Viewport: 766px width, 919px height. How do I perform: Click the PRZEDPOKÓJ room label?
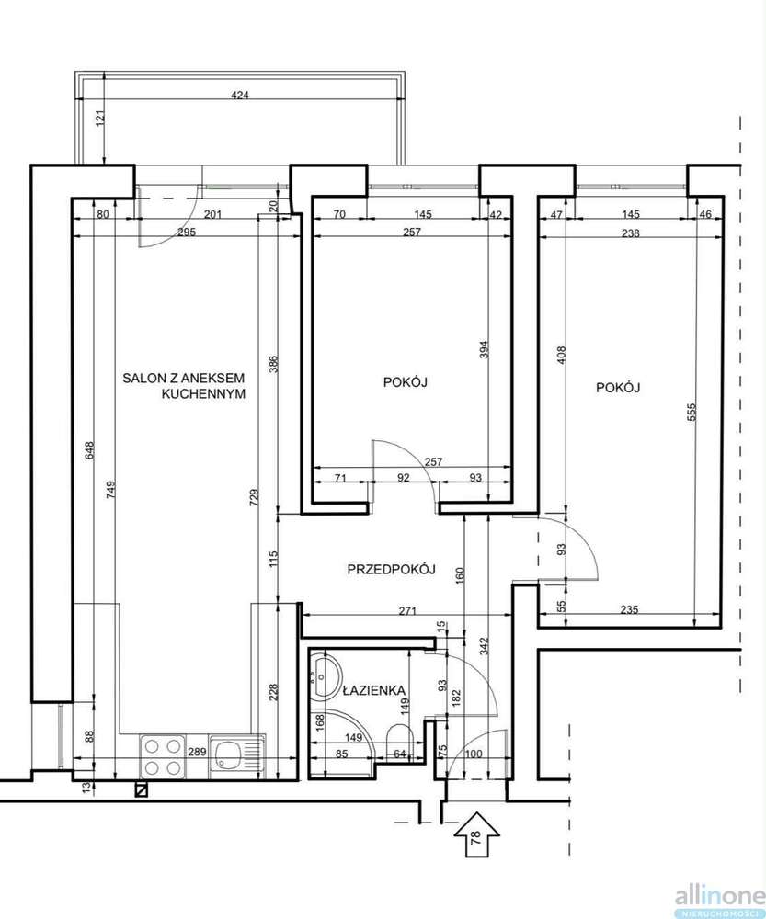391,569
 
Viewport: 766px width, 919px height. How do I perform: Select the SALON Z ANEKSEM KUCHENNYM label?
184,386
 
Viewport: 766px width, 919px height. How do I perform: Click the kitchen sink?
236,756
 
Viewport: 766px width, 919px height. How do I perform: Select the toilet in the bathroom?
401,737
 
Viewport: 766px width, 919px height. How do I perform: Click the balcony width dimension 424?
239,95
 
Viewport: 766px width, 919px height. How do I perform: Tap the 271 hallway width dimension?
407,611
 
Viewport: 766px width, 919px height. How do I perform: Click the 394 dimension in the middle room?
484,350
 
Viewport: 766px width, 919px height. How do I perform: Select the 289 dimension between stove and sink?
198,752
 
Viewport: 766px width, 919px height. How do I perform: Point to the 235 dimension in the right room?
629,609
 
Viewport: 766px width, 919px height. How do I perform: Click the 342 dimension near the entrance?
484,646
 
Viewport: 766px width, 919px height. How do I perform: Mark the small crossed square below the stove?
141,790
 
